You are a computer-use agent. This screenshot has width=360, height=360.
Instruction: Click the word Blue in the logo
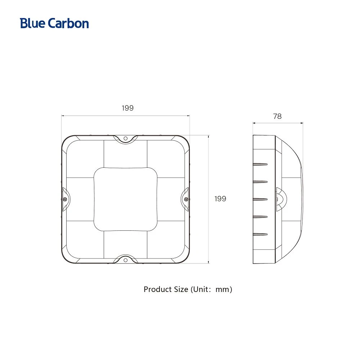[33, 23]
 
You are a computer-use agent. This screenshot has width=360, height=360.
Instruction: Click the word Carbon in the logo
[68, 23]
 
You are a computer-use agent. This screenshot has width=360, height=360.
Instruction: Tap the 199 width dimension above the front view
[128, 108]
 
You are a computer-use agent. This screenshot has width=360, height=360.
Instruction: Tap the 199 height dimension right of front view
[220, 199]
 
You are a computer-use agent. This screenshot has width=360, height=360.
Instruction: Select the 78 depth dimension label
[277, 116]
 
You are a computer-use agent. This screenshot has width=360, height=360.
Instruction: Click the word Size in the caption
[181, 289]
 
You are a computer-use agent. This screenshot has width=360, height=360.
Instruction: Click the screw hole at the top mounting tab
[126, 139]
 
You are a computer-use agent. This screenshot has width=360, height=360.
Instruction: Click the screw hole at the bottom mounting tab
[126, 260]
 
